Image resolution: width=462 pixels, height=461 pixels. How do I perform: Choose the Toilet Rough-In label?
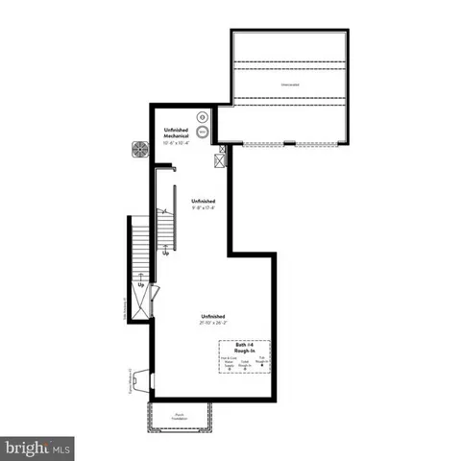point(245,364)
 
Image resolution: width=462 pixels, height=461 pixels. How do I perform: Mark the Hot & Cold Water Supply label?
point(228,364)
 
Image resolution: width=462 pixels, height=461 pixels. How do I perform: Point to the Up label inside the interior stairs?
point(166,254)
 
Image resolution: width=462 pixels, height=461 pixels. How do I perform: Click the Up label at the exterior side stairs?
point(140,285)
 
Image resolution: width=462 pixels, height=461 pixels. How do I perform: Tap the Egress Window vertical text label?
point(128,384)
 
